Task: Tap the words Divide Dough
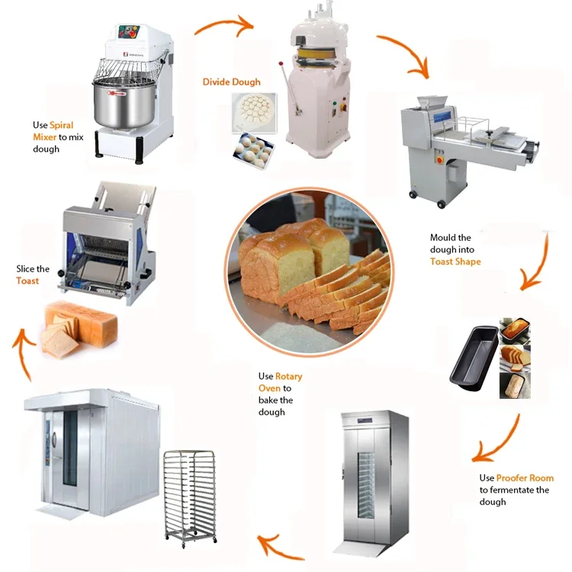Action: click(231, 82)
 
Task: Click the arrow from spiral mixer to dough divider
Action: click(223, 26)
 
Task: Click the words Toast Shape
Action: click(455, 262)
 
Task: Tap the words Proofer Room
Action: click(525, 478)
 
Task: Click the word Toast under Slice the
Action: click(27, 281)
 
